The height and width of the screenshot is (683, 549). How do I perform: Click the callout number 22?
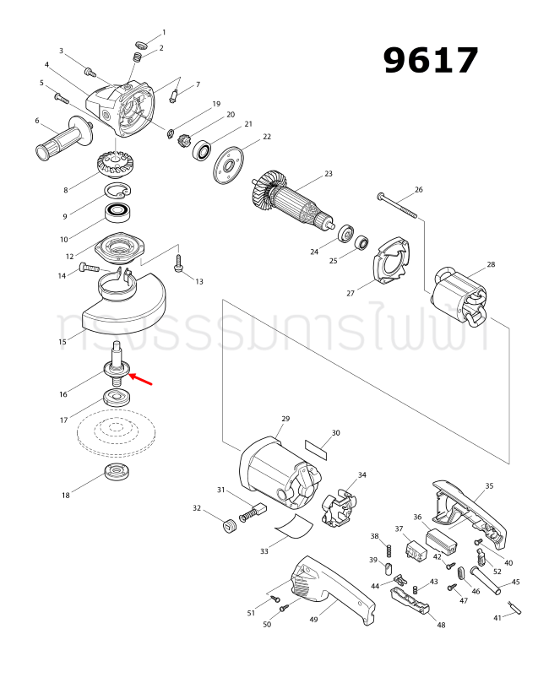coord(267,137)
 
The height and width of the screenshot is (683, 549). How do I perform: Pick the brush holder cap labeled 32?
coord(226,528)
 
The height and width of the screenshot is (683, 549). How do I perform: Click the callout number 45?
coord(515,582)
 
